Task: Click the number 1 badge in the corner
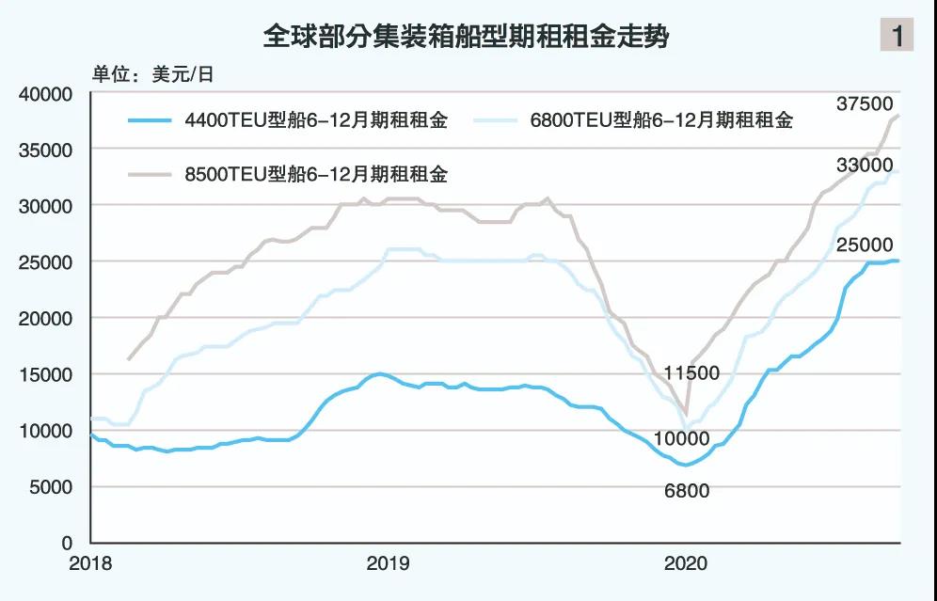897,36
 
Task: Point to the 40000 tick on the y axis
46,94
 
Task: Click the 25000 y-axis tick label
46,262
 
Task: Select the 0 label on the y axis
66,543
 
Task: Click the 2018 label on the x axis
90,563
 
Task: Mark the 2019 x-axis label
387,563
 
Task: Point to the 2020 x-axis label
686,563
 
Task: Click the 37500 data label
864,103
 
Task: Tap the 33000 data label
864,166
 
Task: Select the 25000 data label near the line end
864,245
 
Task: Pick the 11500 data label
716,373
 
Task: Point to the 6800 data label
686,491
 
